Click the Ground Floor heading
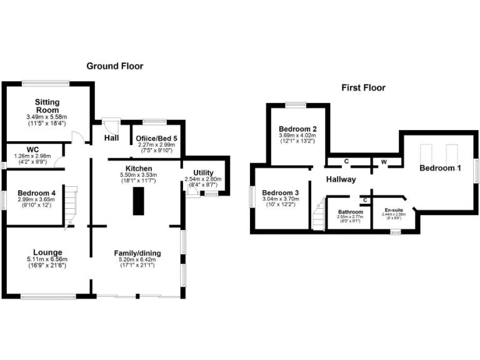click(x=114, y=66)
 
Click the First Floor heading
click(x=363, y=87)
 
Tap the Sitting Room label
click(x=47, y=106)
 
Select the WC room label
click(x=33, y=151)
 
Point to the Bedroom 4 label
click(x=37, y=193)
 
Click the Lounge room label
click(x=47, y=252)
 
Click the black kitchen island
click(x=136, y=201)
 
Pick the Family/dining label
click(x=137, y=253)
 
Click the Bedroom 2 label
click(x=298, y=129)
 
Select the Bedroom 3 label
click(x=281, y=192)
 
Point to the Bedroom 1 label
click(x=441, y=168)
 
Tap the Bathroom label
click(x=346, y=212)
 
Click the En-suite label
click(x=394, y=211)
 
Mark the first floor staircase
click(x=319, y=214)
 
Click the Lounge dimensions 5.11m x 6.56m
click(x=47, y=259)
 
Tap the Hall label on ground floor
click(x=111, y=138)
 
